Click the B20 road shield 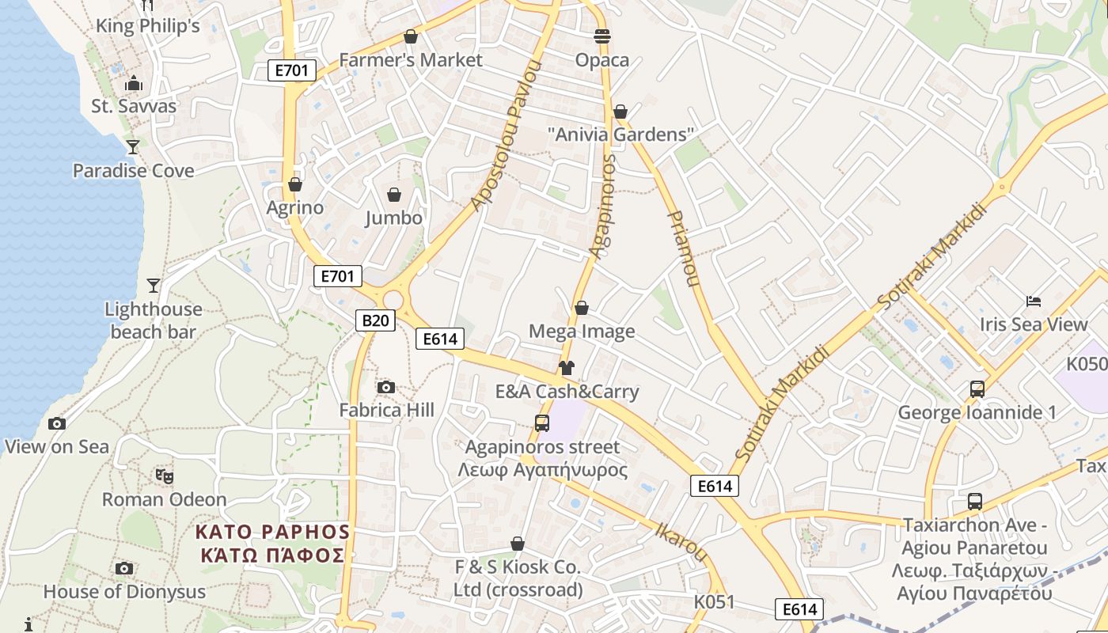[375, 320]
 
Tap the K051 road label [715, 602]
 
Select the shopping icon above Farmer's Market [410, 36]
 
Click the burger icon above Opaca [602, 36]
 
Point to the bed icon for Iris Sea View [1033, 301]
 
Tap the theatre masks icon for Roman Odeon [165, 476]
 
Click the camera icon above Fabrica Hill [386, 387]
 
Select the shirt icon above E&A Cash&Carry [567, 367]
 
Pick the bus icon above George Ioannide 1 [977, 389]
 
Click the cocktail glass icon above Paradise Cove [133, 146]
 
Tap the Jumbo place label [393, 218]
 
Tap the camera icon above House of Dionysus [124, 568]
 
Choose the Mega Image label [582, 331]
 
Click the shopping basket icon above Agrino [295, 184]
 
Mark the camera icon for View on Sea [57, 423]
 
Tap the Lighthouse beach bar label [154, 320]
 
